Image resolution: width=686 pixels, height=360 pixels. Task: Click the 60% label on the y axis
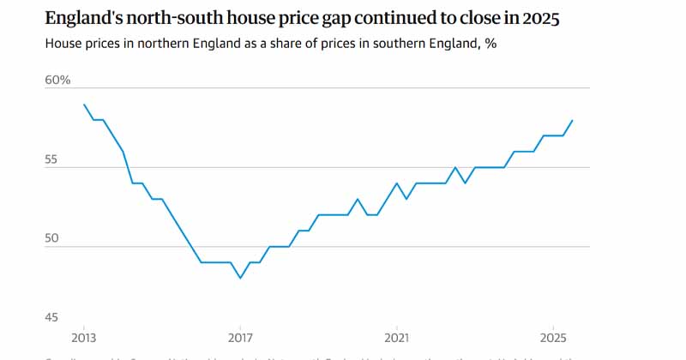click(x=58, y=81)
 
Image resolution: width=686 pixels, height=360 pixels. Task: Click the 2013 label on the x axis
click(x=84, y=337)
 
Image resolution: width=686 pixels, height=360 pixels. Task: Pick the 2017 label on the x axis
click(x=240, y=337)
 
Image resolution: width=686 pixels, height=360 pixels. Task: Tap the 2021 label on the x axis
click(x=396, y=337)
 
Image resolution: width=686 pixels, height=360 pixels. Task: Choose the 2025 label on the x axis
click(x=553, y=337)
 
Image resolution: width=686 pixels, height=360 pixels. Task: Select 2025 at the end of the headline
click(x=540, y=17)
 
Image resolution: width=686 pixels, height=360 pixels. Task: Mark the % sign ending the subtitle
click(x=490, y=44)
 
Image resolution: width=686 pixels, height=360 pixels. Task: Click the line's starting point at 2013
click(x=84, y=105)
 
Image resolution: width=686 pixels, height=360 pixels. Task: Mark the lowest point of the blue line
click(x=240, y=278)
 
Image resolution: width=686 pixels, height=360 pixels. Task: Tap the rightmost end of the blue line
click(x=573, y=120)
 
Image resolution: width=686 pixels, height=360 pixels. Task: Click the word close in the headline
click(x=472, y=17)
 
